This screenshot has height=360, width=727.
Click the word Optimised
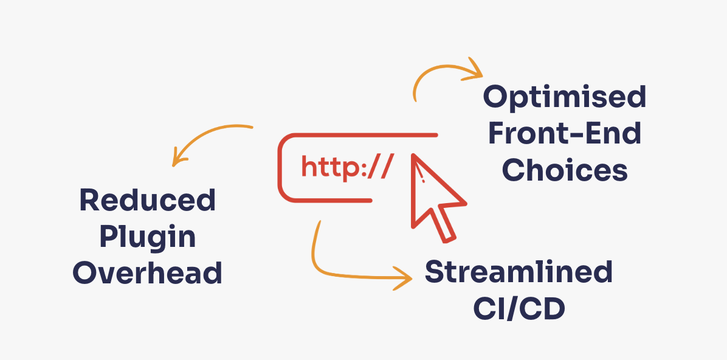(x=565, y=98)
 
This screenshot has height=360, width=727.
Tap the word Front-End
(x=565, y=134)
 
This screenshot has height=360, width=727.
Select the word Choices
(x=565, y=170)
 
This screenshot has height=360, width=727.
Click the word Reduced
(x=148, y=200)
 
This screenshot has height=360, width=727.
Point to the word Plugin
(x=148, y=237)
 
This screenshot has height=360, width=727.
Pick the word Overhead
(x=148, y=273)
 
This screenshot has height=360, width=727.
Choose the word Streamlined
(x=519, y=272)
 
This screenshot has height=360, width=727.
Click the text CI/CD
(x=519, y=309)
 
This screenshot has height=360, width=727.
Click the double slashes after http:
(x=382, y=168)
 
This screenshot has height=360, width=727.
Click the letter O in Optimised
(x=497, y=98)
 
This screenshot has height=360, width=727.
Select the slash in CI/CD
(x=519, y=309)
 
